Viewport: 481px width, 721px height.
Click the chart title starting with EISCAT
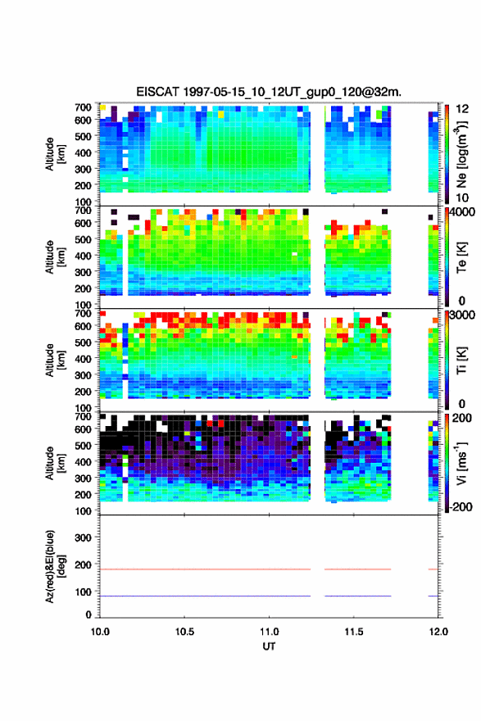pos(269,92)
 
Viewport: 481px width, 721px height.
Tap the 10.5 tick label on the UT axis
pos(184,632)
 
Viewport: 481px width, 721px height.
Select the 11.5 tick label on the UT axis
pos(354,632)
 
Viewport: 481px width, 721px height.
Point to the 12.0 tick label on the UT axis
pos(438,632)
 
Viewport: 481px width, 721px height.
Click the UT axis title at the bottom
pos(269,646)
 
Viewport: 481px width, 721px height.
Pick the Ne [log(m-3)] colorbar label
pos(462,155)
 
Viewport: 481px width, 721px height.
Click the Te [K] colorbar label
pos(462,257)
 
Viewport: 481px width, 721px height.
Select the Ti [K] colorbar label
pos(462,360)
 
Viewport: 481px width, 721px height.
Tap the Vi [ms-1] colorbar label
pos(462,464)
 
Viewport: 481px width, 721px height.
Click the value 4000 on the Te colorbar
pos(462,213)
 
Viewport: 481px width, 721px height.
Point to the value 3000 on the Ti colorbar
pos(462,315)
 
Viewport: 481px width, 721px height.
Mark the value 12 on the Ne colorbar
pos(462,109)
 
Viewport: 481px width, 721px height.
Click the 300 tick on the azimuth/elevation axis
pos(83,537)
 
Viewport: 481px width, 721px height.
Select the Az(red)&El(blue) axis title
pos(55,566)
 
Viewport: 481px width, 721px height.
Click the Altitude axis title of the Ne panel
pos(55,154)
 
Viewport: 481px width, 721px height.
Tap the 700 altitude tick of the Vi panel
pos(83,416)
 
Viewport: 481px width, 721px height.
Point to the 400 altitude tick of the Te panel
pos(83,256)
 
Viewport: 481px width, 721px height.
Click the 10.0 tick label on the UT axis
pos(100,632)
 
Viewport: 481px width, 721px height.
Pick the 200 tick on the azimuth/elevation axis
pos(83,565)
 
